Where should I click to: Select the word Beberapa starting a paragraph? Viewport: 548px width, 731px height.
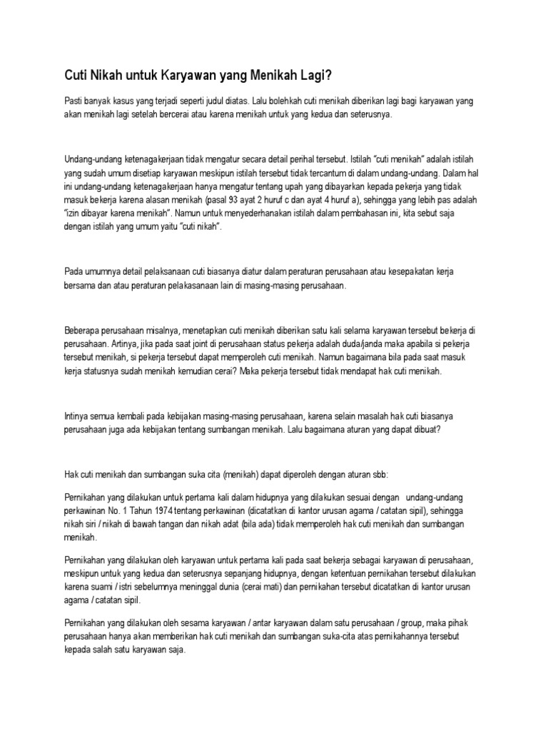84,332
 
